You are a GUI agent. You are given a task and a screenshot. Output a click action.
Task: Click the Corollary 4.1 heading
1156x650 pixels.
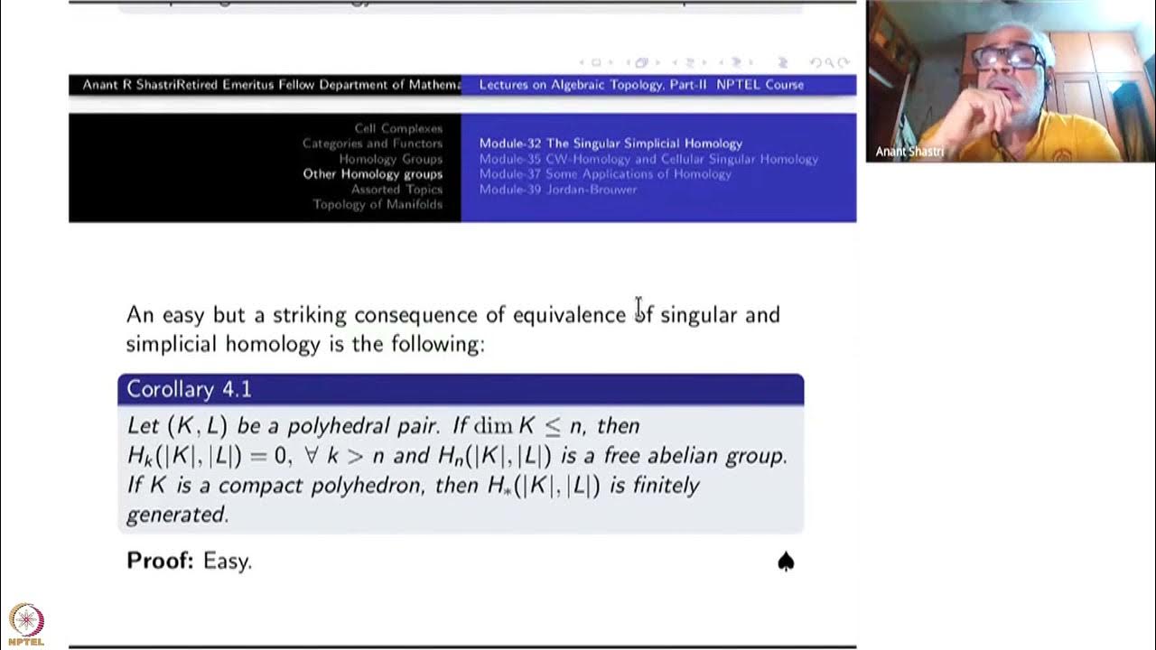point(189,389)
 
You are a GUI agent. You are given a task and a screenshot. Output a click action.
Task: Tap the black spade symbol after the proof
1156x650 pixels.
point(786,562)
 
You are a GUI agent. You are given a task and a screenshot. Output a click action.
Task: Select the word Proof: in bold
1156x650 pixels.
point(160,561)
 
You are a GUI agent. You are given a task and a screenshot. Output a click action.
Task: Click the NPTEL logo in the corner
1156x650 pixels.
point(25,624)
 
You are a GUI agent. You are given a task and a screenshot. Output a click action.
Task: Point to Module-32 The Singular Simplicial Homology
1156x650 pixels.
point(611,144)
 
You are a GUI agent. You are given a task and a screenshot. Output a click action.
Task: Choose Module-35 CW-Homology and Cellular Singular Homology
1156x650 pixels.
point(648,159)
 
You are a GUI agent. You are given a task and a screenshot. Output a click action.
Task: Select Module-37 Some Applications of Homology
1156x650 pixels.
point(605,174)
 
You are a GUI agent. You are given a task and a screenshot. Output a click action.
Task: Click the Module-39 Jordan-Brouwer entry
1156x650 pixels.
point(558,190)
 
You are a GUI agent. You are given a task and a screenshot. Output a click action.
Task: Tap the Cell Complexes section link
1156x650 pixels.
point(398,128)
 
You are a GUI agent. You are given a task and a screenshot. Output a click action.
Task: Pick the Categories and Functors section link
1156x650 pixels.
point(372,144)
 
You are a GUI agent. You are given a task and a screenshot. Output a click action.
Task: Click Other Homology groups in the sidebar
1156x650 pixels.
point(372,174)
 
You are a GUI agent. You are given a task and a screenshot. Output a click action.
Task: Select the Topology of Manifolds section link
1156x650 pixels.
point(378,205)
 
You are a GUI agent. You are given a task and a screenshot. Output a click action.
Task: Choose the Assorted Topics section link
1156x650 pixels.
point(396,190)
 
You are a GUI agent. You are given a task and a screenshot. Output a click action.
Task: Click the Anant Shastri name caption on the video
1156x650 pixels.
point(909,152)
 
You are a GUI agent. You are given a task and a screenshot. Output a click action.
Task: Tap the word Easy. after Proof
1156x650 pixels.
point(228,561)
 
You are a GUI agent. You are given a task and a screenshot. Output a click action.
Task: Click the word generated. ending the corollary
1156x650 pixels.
point(177,515)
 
